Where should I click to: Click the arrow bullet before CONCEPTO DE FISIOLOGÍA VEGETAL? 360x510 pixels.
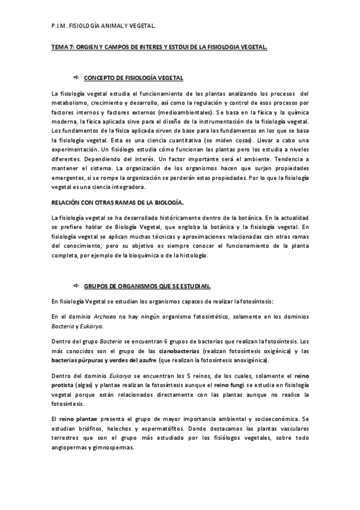(x=76, y=78)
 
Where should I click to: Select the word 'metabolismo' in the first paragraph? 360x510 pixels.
(x=70, y=102)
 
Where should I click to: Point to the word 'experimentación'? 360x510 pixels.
(x=75, y=148)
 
